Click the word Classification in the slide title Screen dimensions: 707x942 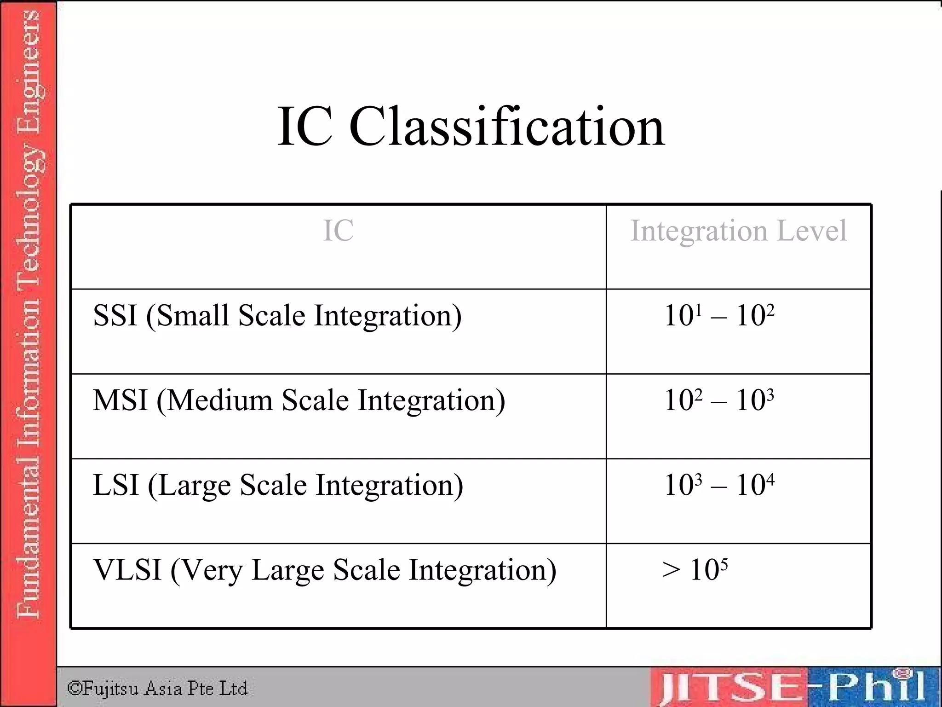tap(506, 126)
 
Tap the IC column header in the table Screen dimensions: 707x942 tap(338, 231)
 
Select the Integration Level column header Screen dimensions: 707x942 tap(738, 231)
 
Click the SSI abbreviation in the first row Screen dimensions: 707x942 tap(115, 316)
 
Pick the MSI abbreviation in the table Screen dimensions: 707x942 tap(120, 400)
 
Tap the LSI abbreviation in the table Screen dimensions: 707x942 tap(116, 485)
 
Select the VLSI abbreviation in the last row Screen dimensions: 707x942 tap(127, 570)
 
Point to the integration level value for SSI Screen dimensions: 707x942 tap(719, 316)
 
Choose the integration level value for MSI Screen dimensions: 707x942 tap(719, 400)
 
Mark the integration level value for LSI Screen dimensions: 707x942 tap(719, 485)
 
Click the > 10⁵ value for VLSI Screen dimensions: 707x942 tap(695, 570)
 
